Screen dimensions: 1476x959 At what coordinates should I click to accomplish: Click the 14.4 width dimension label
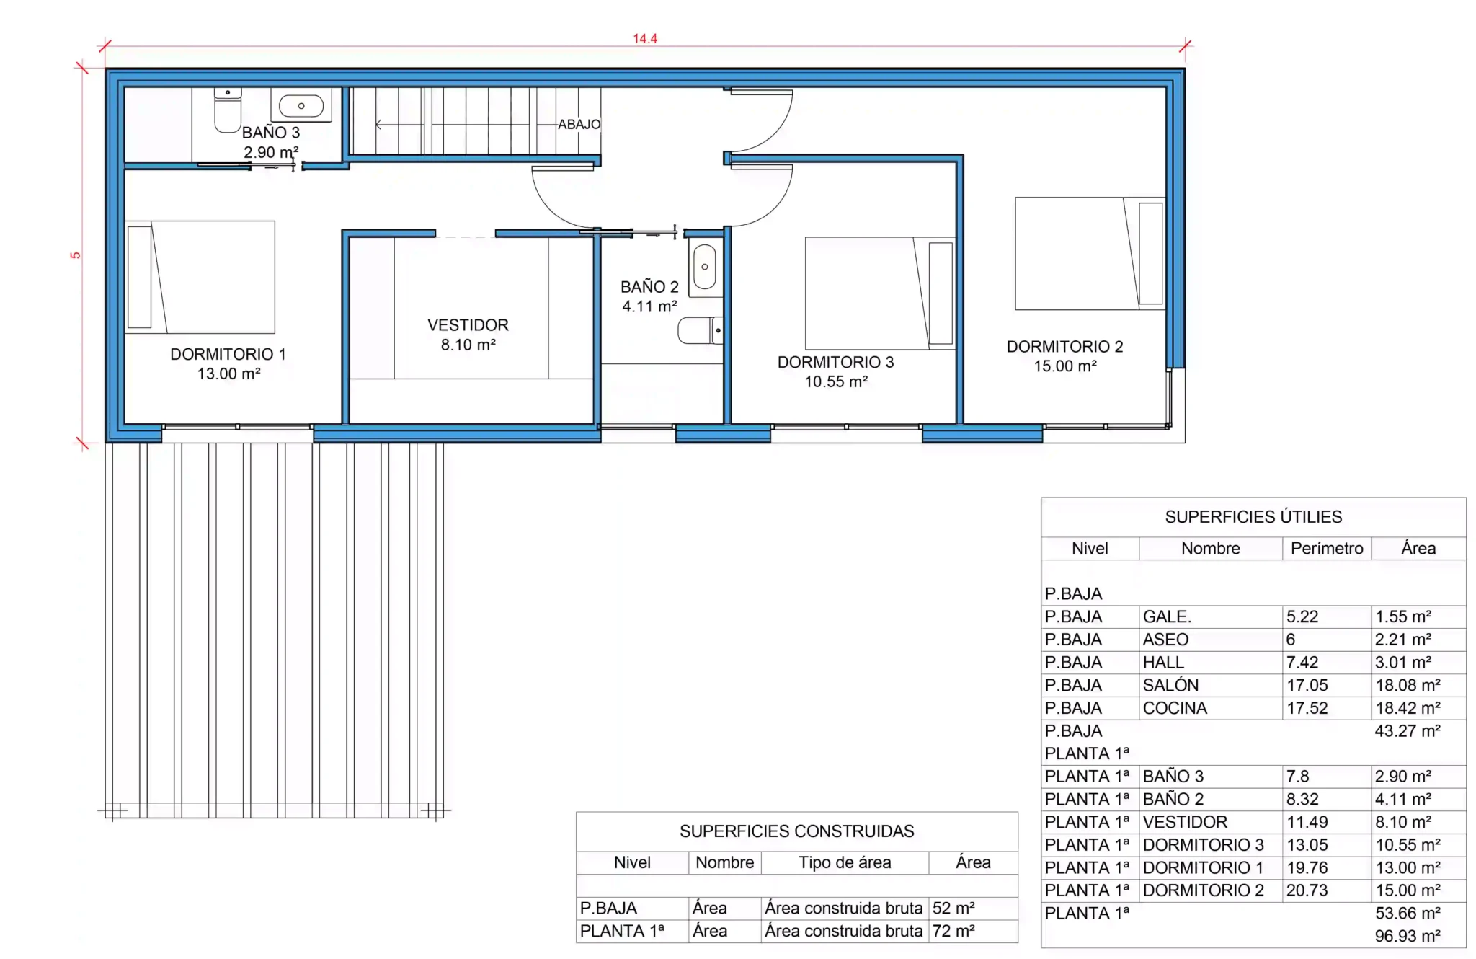click(x=645, y=38)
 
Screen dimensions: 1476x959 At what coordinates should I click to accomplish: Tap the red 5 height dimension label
click(x=75, y=255)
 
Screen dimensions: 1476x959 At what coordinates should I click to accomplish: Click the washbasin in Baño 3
click(x=301, y=105)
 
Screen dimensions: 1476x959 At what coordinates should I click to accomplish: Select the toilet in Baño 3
click(x=228, y=110)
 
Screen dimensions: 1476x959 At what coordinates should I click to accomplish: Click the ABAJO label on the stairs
click(x=579, y=124)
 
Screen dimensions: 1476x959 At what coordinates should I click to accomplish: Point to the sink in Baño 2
click(x=705, y=267)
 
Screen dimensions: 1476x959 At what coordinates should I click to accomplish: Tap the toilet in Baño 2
click(x=700, y=330)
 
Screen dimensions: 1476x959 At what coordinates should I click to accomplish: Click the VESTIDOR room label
click(x=468, y=325)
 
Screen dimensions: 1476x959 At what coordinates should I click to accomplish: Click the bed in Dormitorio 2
click(x=1090, y=254)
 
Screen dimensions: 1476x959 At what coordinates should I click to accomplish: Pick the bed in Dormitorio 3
click(x=880, y=293)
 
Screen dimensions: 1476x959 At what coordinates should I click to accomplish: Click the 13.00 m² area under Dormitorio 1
click(x=229, y=374)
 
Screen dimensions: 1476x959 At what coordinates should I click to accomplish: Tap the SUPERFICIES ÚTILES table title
click(x=1253, y=517)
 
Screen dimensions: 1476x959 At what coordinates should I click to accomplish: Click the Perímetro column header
click(x=1327, y=548)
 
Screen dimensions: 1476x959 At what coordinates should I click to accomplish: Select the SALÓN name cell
click(x=1170, y=685)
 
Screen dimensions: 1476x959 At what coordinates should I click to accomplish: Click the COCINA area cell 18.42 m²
click(x=1408, y=708)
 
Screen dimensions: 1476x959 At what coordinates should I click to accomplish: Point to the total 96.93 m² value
click(x=1408, y=936)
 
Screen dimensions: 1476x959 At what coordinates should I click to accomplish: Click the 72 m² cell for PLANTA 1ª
click(x=953, y=931)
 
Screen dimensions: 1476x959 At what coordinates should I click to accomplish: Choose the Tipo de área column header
click(x=845, y=862)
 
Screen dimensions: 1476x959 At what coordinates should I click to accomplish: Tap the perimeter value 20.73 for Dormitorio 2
click(x=1307, y=890)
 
